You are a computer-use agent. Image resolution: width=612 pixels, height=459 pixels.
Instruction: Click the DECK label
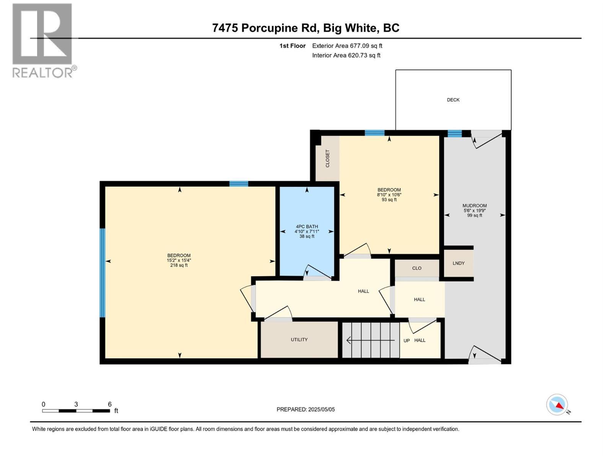(x=453, y=100)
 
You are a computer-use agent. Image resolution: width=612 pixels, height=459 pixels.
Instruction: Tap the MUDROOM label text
(x=474, y=205)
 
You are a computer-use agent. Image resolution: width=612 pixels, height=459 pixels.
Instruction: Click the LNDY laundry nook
(x=458, y=263)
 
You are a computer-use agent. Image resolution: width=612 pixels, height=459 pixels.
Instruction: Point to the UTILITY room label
(x=299, y=340)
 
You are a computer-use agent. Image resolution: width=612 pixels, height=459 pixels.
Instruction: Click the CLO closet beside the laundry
(x=417, y=268)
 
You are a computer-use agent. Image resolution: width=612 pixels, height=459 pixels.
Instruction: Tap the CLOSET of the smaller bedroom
(x=327, y=158)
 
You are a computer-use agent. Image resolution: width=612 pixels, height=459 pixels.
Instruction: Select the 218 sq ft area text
(x=179, y=265)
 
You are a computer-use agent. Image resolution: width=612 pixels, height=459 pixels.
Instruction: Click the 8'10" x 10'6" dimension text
(x=389, y=195)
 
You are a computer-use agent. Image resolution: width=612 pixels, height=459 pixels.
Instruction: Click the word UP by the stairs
(x=406, y=340)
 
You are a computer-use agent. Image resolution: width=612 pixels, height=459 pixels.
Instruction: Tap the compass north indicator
(x=557, y=405)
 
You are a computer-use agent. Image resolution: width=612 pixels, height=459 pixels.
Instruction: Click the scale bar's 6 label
(x=110, y=404)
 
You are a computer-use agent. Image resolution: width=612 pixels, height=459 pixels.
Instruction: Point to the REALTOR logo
(x=43, y=40)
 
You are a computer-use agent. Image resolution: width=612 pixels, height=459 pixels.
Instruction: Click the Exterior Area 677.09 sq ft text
(x=347, y=46)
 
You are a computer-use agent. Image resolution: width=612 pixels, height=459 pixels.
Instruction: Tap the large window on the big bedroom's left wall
(x=102, y=273)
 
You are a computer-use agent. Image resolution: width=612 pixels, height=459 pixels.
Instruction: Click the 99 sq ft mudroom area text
(x=474, y=215)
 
